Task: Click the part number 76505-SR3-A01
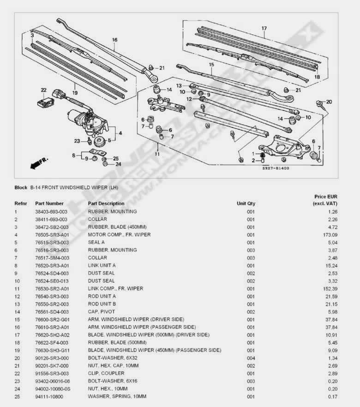[52, 235]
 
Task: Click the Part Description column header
[106, 203]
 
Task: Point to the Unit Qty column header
[246, 203]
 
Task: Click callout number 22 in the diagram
[43, 90]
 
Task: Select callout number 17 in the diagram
[264, 29]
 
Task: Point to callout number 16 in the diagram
[114, 40]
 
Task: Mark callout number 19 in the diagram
[74, 86]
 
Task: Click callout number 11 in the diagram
[157, 154]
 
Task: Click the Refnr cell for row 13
[17, 304]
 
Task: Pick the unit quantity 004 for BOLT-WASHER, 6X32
[251, 358]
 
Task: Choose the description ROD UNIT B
[102, 304]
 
